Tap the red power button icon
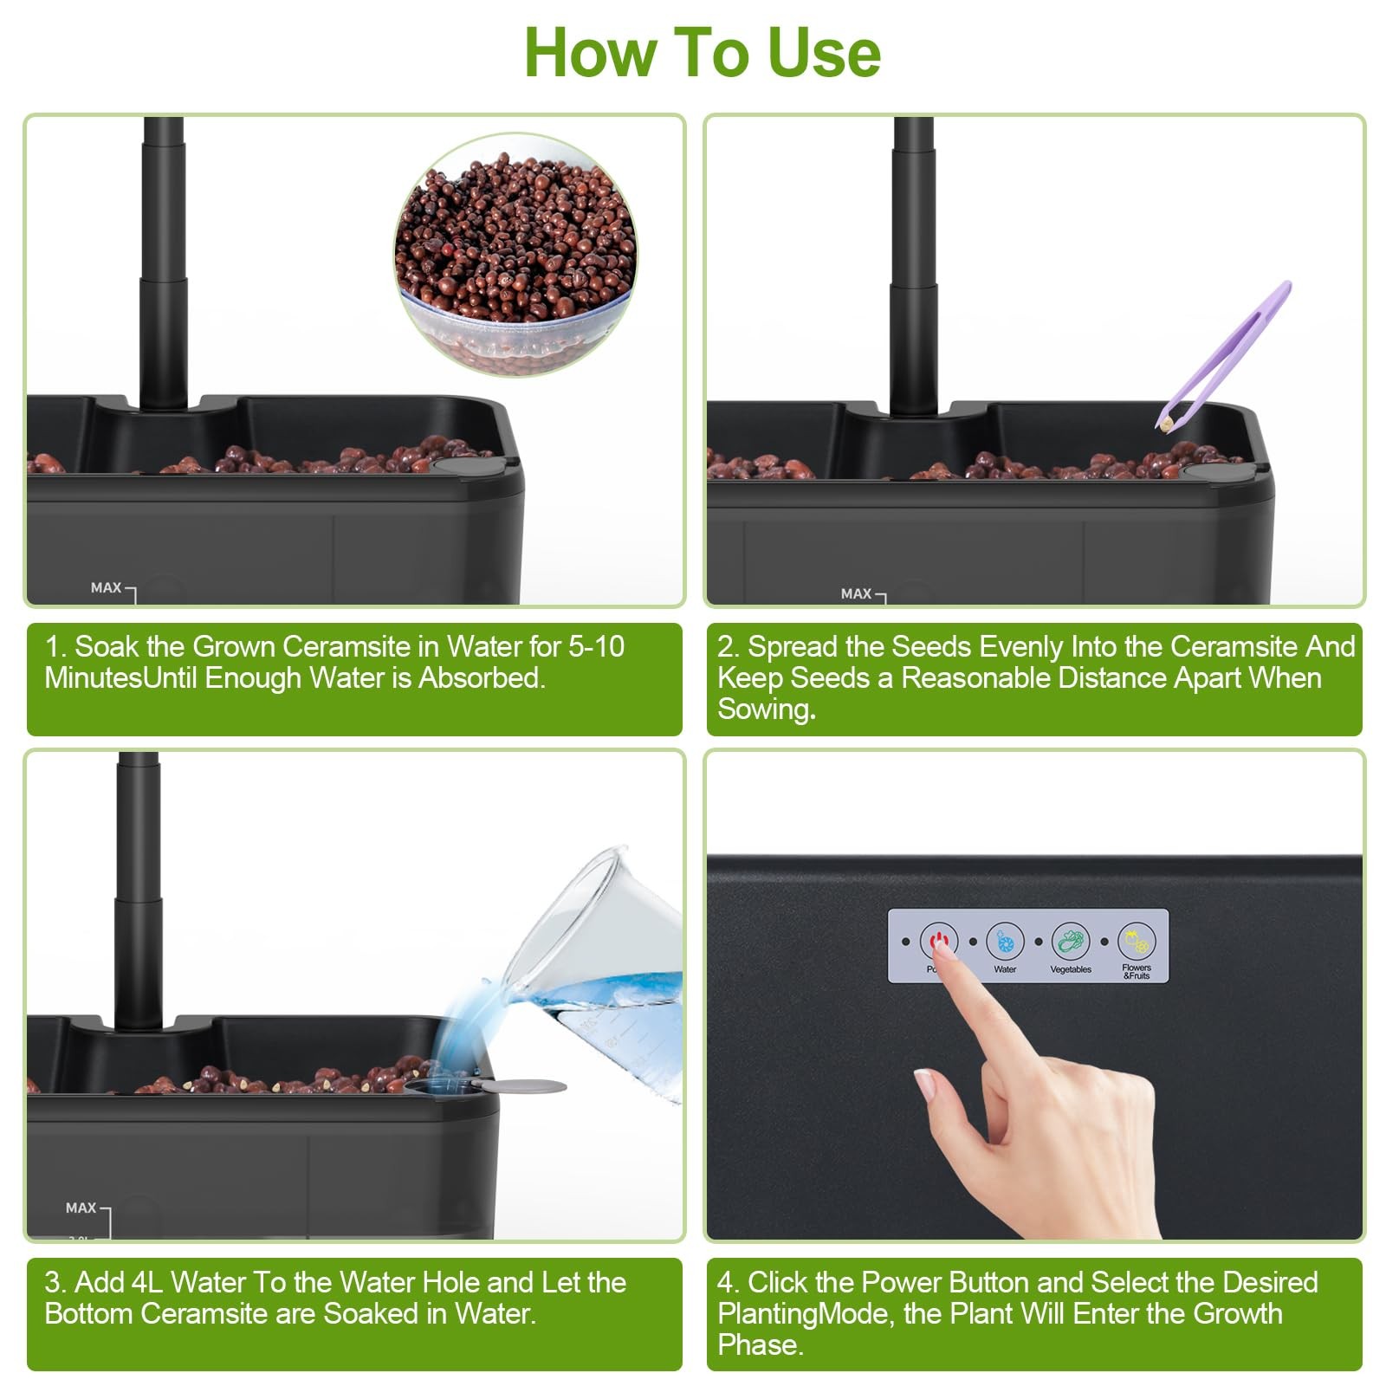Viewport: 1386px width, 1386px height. [x=939, y=941]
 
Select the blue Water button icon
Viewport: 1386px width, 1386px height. [x=1005, y=941]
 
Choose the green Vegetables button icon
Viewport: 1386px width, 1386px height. [x=1071, y=941]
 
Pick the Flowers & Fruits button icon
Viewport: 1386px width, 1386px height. [x=1137, y=941]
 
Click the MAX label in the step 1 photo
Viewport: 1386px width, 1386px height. [x=106, y=587]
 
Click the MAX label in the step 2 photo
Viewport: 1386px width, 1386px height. [x=856, y=593]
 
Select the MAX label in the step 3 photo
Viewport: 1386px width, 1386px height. [x=81, y=1208]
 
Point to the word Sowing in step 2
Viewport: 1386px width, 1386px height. [x=764, y=709]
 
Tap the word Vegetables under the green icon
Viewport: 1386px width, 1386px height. [x=1071, y=969]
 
